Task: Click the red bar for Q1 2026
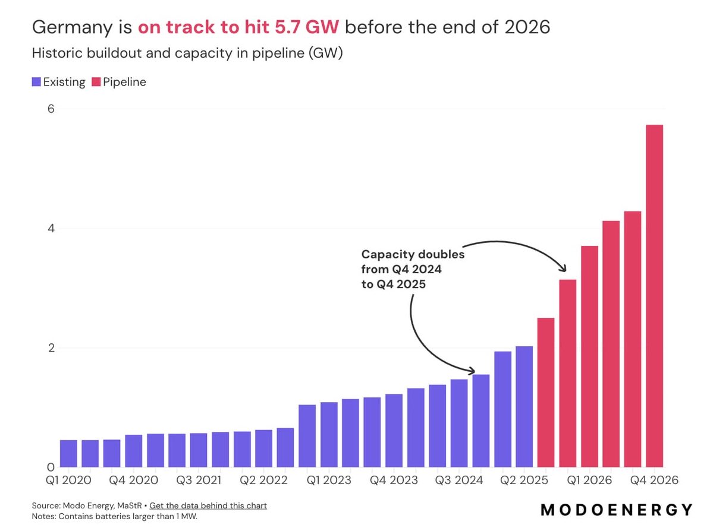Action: [x=589, y=356]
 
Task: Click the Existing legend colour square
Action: [x=36, y=82]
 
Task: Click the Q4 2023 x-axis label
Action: [x=393, y=480]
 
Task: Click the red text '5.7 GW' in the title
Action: [x=306, y=27]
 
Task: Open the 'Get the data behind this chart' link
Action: [x=208, y=505]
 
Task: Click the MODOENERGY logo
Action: [x=617, y=510]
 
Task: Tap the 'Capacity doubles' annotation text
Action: [x=413, y=254]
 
